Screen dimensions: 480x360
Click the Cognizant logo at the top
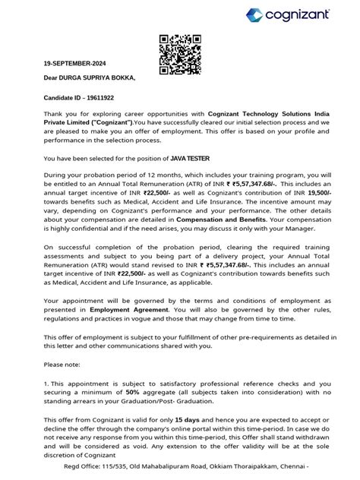[308, 14]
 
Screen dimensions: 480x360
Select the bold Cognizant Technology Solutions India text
[249, 112]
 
